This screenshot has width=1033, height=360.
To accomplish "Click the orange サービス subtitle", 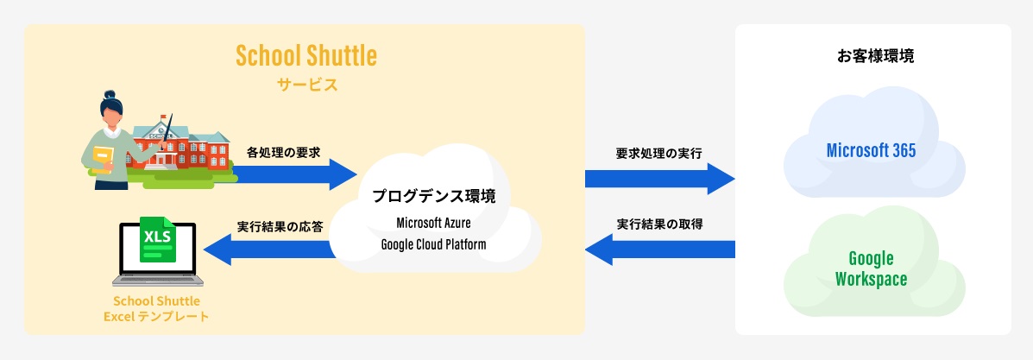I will [x=306, y=85].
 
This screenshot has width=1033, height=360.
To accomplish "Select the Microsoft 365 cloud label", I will [x=871, y=150].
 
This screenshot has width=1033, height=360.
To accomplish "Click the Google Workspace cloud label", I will [x=871, y=268].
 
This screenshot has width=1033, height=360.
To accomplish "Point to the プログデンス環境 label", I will [x=433, y=196].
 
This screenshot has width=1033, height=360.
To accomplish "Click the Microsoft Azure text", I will [x=433, y=223].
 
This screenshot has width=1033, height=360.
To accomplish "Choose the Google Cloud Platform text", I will [x=433, y=244].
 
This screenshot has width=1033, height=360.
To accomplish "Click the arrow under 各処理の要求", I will [x=293, y=173].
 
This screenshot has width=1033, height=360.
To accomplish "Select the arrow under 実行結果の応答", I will [x=268, y=249].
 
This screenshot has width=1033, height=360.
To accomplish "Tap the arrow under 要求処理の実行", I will [x=659, y=179].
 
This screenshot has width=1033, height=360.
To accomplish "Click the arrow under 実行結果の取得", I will [x=659, y=250].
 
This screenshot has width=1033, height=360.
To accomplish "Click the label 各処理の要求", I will [x=283, y=151].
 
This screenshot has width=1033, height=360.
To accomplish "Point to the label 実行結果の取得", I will [x=659, y=224].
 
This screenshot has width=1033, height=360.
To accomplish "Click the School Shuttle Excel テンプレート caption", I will [x=156, y=308].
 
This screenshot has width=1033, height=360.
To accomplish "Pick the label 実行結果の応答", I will [x=280, y=227].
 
